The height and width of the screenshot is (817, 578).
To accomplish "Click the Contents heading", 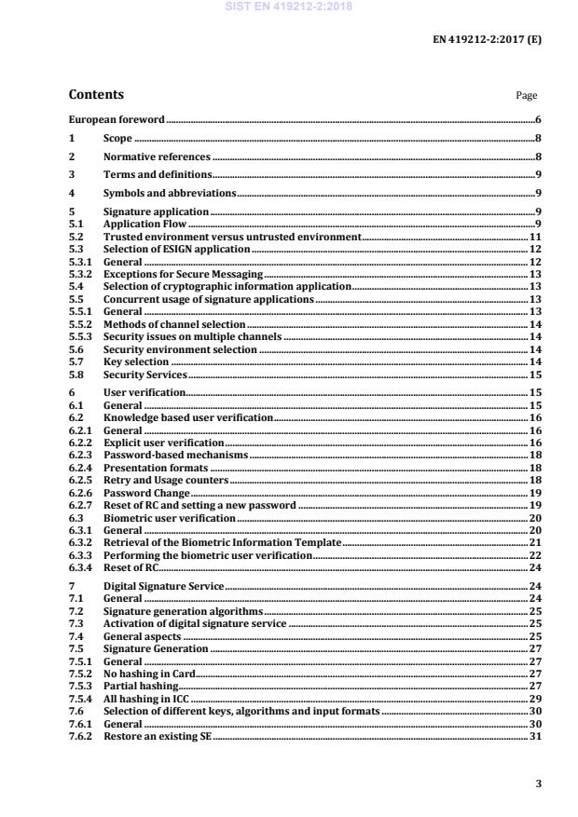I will [96, 94].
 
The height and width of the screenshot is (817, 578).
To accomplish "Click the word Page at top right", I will [526, 95].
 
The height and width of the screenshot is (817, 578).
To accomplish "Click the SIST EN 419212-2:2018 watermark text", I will [288, 6].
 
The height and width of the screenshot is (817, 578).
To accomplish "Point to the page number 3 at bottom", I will [538, 783].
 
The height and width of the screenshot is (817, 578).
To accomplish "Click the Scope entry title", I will [117, 139].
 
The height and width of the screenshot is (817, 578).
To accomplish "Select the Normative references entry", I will [157, 157].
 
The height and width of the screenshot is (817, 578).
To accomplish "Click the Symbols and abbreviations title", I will [170, 193].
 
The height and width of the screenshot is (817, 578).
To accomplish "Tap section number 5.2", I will [76, 238].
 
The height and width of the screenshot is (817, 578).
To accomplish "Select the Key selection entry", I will [136, 361].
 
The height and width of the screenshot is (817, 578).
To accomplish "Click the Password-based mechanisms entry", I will [175, 455].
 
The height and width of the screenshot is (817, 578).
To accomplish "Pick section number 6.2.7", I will [80, 505].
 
